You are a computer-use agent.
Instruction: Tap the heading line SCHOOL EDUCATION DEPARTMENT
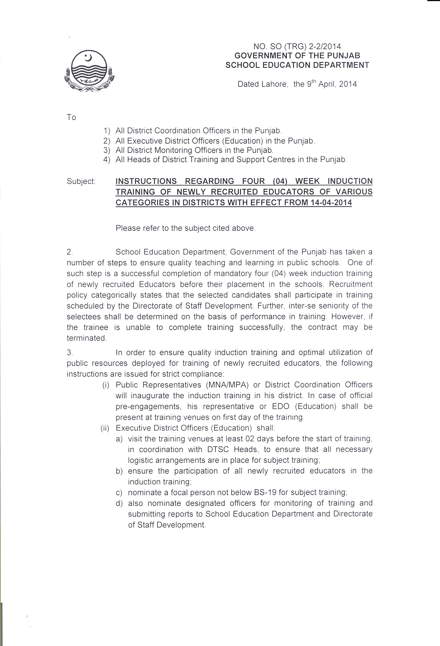pos(297,65)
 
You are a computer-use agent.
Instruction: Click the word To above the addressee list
pos(71,117)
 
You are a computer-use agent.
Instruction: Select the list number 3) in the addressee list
pos(107,150)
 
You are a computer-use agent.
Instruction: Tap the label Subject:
pos(81,181)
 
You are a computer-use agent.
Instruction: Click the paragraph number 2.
pos(69,252)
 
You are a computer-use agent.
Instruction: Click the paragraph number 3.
pos(69,353)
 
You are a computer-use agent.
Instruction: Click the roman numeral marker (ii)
pos(105,428)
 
